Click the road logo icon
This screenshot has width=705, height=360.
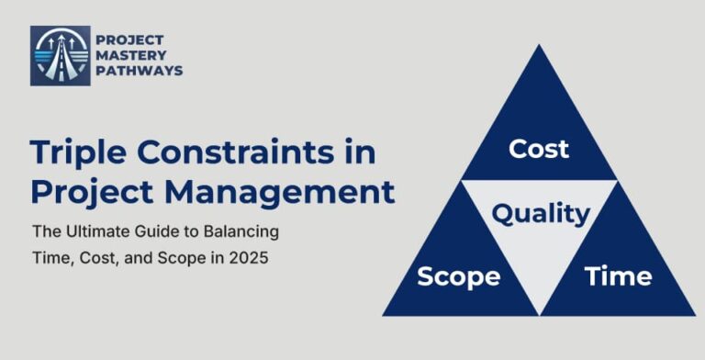pos(61,55)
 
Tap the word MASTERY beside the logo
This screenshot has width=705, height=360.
pos(133,55)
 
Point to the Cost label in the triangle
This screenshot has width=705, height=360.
pos(538,148)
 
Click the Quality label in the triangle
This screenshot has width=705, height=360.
pos(540,214)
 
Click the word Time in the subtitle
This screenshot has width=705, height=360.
pos(47,258)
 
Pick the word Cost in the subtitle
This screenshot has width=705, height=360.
pos(93,258)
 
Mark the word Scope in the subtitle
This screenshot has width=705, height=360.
pos(177,258)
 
